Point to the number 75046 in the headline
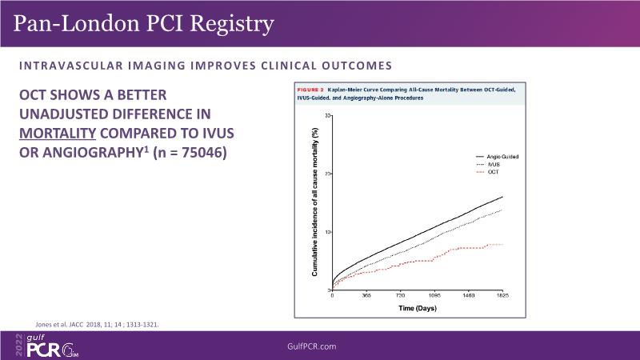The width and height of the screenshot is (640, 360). click(x=199, y=151)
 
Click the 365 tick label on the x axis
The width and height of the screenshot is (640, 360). click(x=366, y=295)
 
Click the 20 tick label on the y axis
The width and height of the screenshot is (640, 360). click(x=327, y=174)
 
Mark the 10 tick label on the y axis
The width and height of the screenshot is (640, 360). click(x=327, y=232)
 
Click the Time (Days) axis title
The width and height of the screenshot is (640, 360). click(x=418, y=307)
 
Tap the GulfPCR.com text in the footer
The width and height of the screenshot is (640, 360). click(x=319, y=346)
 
